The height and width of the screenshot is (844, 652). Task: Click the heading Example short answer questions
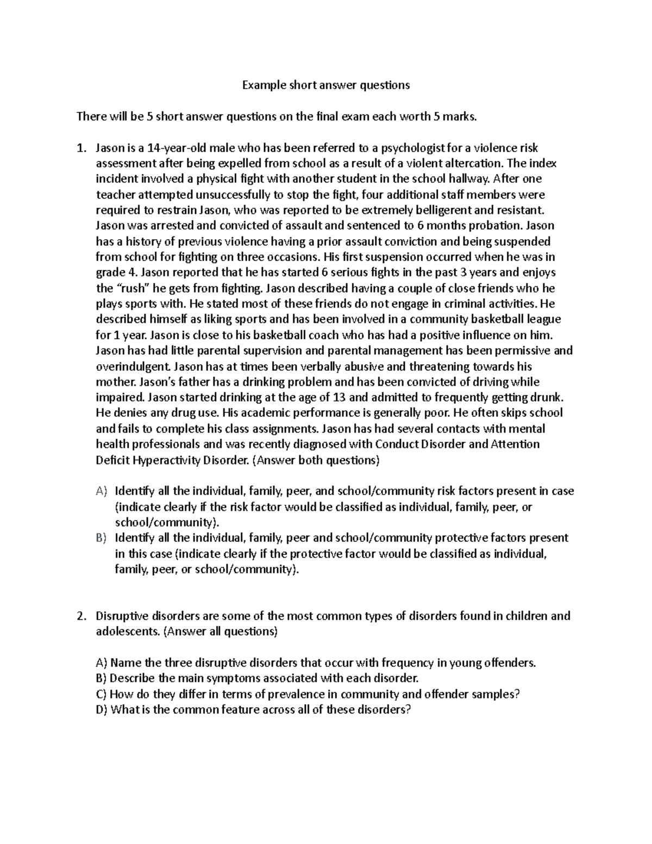point(325,85)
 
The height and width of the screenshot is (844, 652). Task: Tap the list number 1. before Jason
point(81,148)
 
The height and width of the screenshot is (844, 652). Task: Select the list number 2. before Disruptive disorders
point(81,616)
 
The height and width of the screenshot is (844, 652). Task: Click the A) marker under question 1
point(102,491)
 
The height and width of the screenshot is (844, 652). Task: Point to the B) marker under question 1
point(102,538)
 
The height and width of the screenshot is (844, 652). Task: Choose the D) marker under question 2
point(102,710)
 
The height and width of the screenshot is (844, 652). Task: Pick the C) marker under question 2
point(102,694)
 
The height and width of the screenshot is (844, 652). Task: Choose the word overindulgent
point(134,366)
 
